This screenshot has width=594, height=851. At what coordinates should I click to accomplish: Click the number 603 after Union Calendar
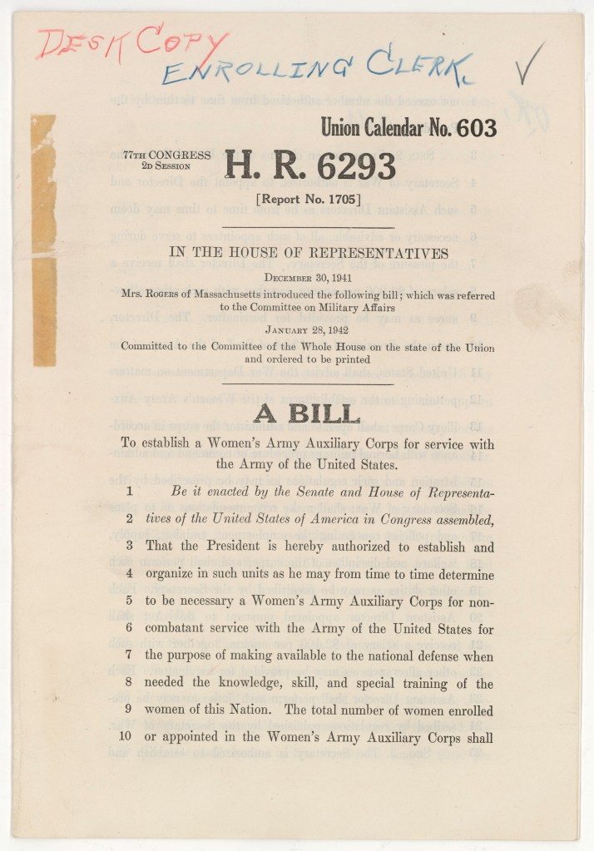(473, 127)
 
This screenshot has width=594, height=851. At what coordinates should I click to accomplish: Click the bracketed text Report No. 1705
(309, 199)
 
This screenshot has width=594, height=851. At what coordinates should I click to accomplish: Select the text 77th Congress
(166, 155)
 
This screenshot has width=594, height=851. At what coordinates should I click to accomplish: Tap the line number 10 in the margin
(128, 737)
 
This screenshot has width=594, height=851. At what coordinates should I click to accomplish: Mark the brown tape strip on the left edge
(43, 241)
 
